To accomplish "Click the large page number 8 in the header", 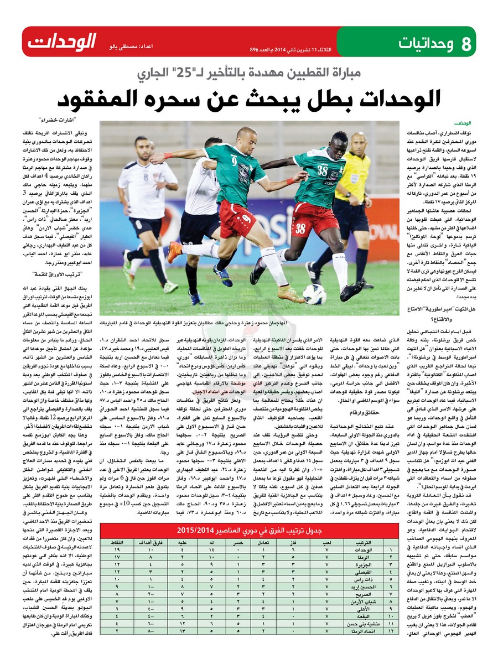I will tap(467, 42).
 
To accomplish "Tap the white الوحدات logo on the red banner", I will tap(62, 41).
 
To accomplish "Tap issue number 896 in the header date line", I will tap(255, 49).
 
